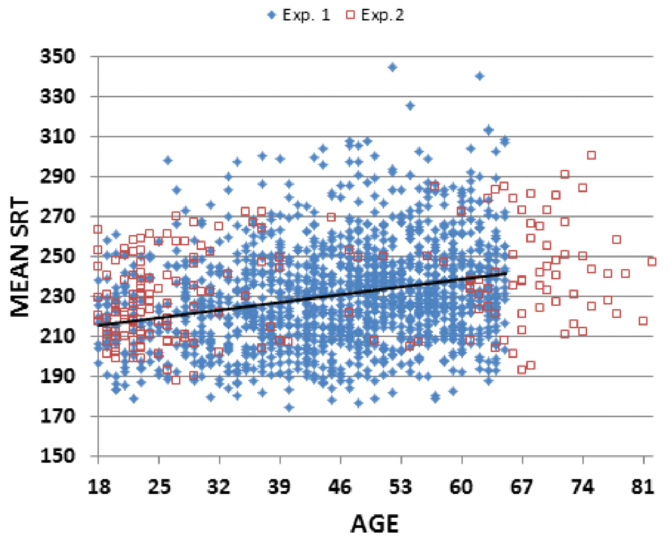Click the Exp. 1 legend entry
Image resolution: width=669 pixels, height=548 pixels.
(x=299, y=15)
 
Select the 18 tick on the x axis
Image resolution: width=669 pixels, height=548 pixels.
(x=98, y=486)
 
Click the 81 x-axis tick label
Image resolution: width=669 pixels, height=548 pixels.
(x=643, y=486)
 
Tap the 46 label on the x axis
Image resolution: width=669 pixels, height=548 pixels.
(x=340, y=486)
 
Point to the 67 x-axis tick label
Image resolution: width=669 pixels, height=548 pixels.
(x=522, y=486)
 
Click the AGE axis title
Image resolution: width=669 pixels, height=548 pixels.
(x=374, y=524)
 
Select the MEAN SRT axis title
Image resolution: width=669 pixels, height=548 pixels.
(x=20, y=256)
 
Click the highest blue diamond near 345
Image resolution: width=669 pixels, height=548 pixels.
(x=392, y=67)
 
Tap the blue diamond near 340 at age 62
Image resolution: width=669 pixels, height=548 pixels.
(x=479, y=76)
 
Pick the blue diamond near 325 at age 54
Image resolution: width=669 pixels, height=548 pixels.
(x=410, y=106)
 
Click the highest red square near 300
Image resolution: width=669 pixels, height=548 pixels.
(x=591, y=155)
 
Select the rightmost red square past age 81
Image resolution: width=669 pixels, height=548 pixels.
(x=652, y=262)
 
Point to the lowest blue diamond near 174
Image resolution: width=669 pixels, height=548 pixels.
(x=289, y=408)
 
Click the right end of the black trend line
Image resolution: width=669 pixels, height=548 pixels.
(x=507, y=273)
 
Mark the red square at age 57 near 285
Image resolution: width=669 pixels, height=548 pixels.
(x=434, y=187)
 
